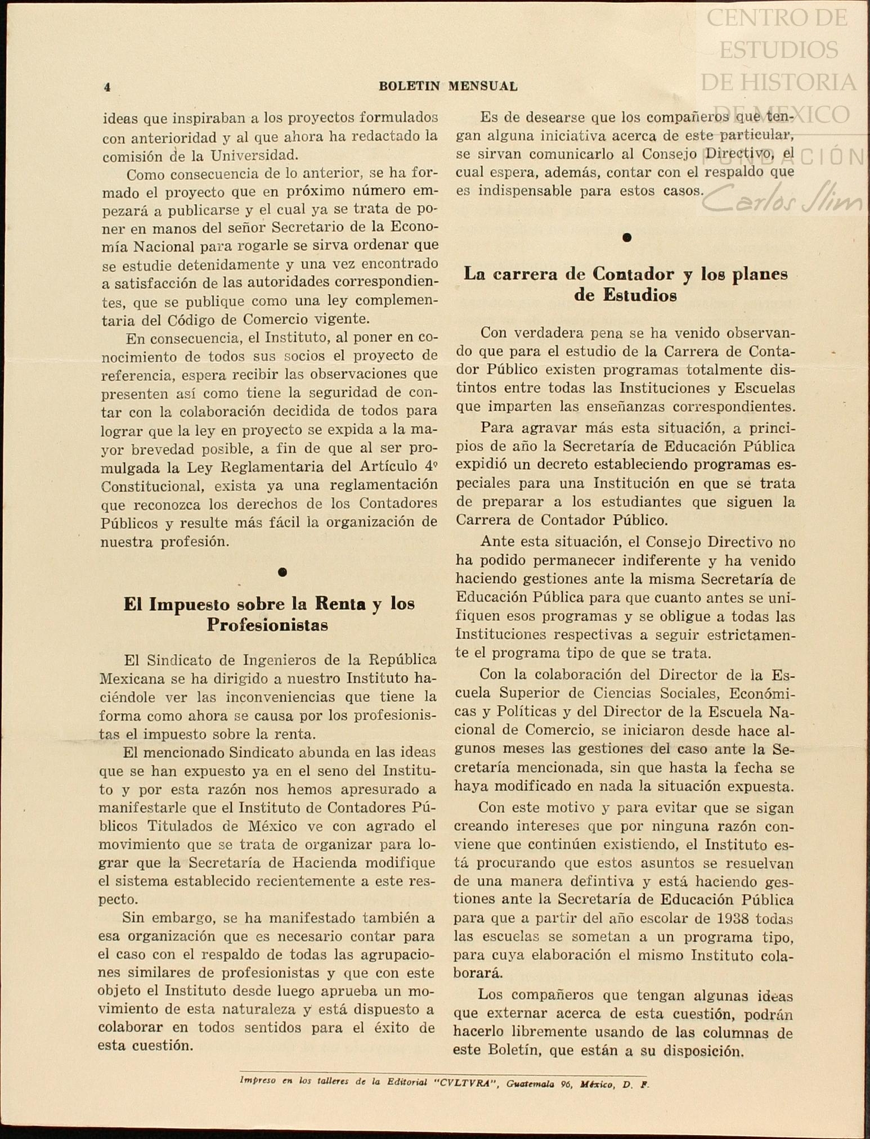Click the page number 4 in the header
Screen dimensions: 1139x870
(x=107, y=87)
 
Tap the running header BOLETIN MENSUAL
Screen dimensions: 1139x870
(x=448, y=87)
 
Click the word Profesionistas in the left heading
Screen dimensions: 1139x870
(x=267, y=625)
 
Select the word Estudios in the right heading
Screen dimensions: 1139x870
(x=639, y=295)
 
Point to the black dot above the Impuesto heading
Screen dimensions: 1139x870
(x=282, y=572)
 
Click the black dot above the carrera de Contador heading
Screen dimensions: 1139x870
(x=627, y=237)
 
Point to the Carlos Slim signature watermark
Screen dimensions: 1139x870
(x=782, y=200)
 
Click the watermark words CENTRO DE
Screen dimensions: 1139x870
(x=777, y=18)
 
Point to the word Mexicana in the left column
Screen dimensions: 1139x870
(x=132, y=678)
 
